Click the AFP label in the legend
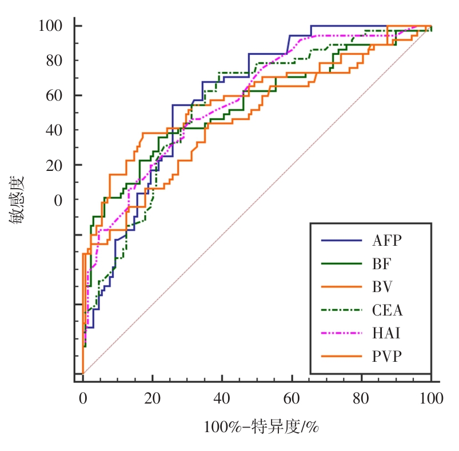pos(387,240)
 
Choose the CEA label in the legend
pos(388,310)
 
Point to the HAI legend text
pos(386,333)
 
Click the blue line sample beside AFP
pos(342,240)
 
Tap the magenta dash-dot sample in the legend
pos(342,333)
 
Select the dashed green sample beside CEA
pos(342,310)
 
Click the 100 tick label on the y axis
pos(50,26)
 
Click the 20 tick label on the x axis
pos(153,398)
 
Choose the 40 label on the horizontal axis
pos(222,398)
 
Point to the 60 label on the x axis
pos(292,398)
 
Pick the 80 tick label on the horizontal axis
pos(362,398)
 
